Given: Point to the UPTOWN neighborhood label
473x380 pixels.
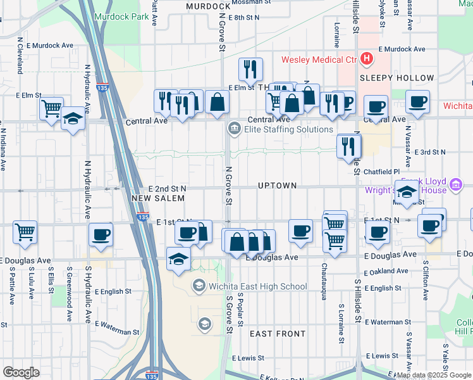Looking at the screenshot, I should (x=277, y=186).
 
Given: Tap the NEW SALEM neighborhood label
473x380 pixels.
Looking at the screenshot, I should (x=158, y=198).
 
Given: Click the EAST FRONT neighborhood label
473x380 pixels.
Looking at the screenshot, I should (x=277, y=333).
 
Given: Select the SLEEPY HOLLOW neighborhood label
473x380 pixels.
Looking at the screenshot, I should (x=397, y=78).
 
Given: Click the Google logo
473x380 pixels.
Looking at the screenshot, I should (x=21, y=372).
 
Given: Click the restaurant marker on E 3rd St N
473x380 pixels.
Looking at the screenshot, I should (x=348, y=146).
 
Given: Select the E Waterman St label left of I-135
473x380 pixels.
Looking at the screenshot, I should (x=116, y=331).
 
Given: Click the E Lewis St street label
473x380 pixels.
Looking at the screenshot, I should (x=252, y=358).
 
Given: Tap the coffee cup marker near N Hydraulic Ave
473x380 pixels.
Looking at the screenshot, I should (x=101, y=234).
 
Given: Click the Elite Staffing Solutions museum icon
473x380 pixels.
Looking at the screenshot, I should (x=234, y=129).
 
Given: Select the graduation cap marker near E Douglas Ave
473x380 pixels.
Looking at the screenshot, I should (x=179, y=258).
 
